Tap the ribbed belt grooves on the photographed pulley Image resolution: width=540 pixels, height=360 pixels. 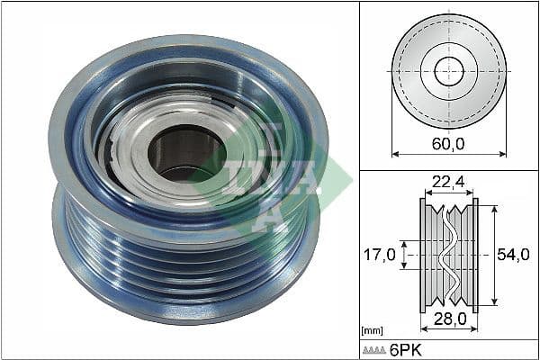180,270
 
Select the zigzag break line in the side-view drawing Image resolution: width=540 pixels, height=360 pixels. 448,256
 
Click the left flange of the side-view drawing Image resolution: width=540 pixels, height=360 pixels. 423,256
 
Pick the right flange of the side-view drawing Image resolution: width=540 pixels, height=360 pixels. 475,256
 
